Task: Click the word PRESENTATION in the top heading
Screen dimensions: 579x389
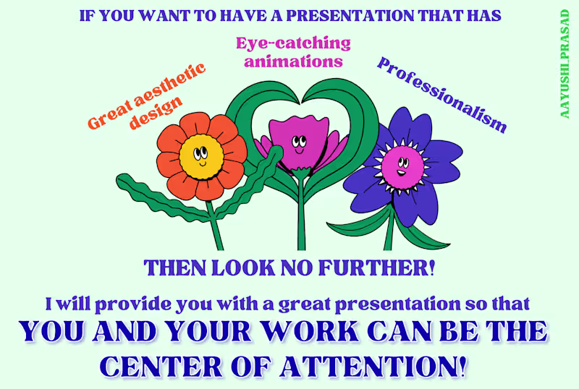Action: pos(350,16)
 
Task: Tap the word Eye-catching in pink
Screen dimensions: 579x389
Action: pos(294,43)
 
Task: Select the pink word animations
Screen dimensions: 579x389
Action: pos(294,61)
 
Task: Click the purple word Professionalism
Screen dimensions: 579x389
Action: pos(441,95)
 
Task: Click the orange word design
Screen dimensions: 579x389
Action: pos(156,113)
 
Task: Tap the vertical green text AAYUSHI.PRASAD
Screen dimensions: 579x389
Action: pos(565,64)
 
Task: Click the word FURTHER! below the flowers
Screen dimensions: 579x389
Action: pos(376,268)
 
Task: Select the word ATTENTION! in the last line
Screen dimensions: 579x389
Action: pos(373,367)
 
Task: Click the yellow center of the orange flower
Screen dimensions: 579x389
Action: pos(202,157)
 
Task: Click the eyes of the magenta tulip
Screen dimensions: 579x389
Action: pos(299,141)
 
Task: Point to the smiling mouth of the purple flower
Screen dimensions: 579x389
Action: pos(401,172)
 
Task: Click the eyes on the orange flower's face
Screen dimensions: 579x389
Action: pos(200,152)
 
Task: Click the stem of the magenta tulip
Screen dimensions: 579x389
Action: pos(301,213)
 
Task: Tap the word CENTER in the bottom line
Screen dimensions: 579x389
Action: pos(161,367)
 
